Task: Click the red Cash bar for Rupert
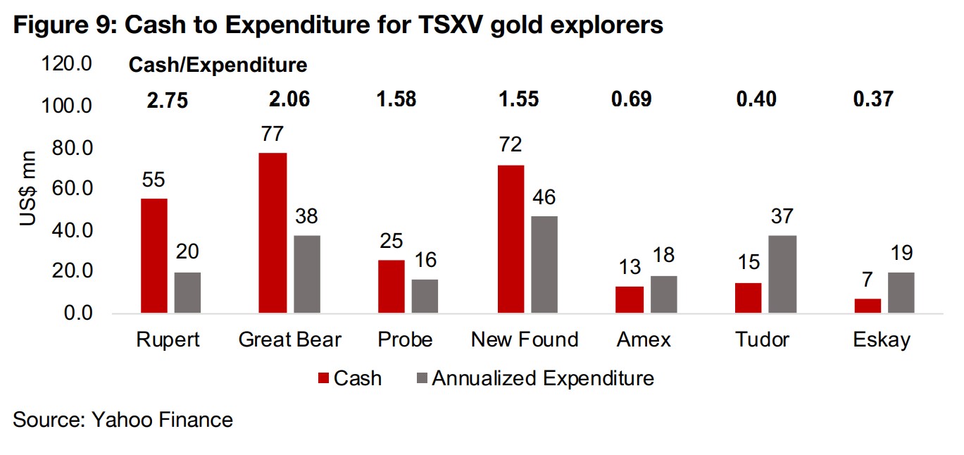pos(154,256)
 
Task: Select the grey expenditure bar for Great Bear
pos(307,274)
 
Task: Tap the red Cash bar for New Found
pos(510,239)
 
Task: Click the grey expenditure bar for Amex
pos(663,294)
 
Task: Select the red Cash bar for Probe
pos(392,286)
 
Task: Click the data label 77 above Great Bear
pos(273,134)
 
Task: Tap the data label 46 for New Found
pos(544,197)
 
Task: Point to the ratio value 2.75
pos(168,100)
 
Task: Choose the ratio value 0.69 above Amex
pos(631,99)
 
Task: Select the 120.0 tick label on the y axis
pos(68,66)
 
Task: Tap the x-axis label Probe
pos(405,339)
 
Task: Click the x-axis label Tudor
pos(762,339)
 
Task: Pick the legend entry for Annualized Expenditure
pos(543,378)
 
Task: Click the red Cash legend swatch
pos(324,379)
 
